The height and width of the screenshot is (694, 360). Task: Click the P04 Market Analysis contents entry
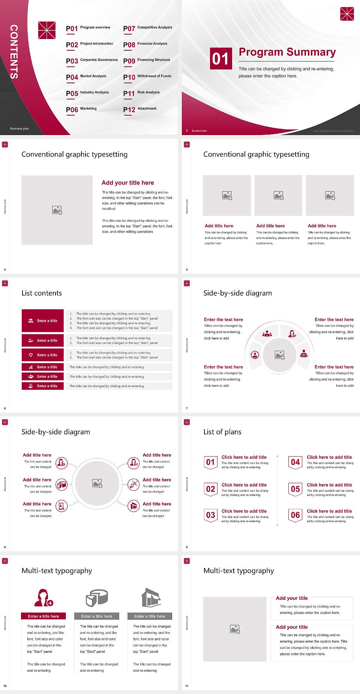[x=86, y=77]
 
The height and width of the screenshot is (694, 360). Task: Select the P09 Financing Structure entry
[x=146, y=60]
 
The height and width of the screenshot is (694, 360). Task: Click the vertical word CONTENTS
[x=14, y=51]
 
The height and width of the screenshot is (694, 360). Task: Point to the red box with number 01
[x=220, y=58]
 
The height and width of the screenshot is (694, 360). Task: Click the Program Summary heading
[x=287, y=52]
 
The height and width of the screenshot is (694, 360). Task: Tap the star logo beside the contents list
[x=47, y=30]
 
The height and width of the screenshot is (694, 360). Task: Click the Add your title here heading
[x=127, y=183]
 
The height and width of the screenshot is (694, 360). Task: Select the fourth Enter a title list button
[x=43, y=367]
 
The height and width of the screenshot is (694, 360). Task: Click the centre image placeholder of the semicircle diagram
[x=279, y=355]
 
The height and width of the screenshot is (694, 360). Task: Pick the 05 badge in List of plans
[x=295, y=489]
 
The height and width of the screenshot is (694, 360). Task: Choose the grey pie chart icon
[x=97, y=598]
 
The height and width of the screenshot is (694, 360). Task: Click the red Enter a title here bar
[x=43, y=616]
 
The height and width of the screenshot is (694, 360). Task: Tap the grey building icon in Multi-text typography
[x=151, y=598]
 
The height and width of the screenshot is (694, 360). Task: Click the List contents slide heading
[x=42, y=293]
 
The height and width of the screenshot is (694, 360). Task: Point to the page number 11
[x=186, y=686]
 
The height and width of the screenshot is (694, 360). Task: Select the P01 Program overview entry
[x=88, y=28]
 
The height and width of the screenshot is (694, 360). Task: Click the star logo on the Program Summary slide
[x=347, y=14]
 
